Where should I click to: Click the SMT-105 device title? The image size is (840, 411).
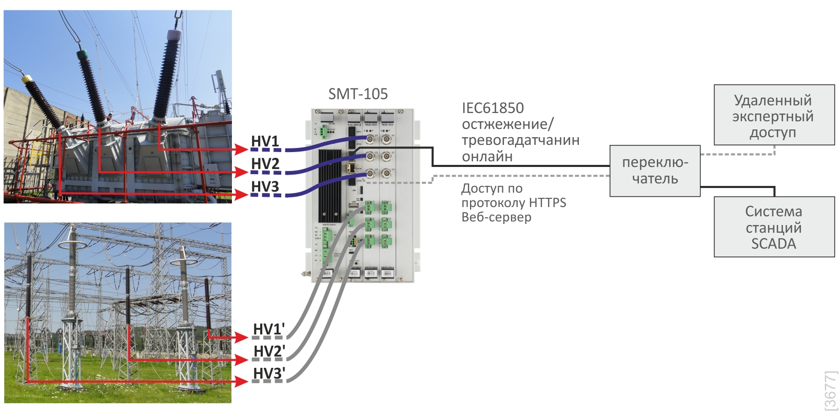[x=358, y=94]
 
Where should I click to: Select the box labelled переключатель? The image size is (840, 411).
[x=655, y=171]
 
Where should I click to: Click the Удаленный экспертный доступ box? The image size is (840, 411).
[x=774, y=115]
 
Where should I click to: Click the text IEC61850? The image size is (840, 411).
[x=493, y=108]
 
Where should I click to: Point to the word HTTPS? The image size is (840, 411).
[x=547, y=203]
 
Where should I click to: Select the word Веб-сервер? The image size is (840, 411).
[x=496, y=217]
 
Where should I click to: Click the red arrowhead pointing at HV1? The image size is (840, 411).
[x=242, y=150]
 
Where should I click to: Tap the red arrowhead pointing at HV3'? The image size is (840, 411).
[x=242, y=382]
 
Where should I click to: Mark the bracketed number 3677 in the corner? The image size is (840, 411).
[x=830, y=390]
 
